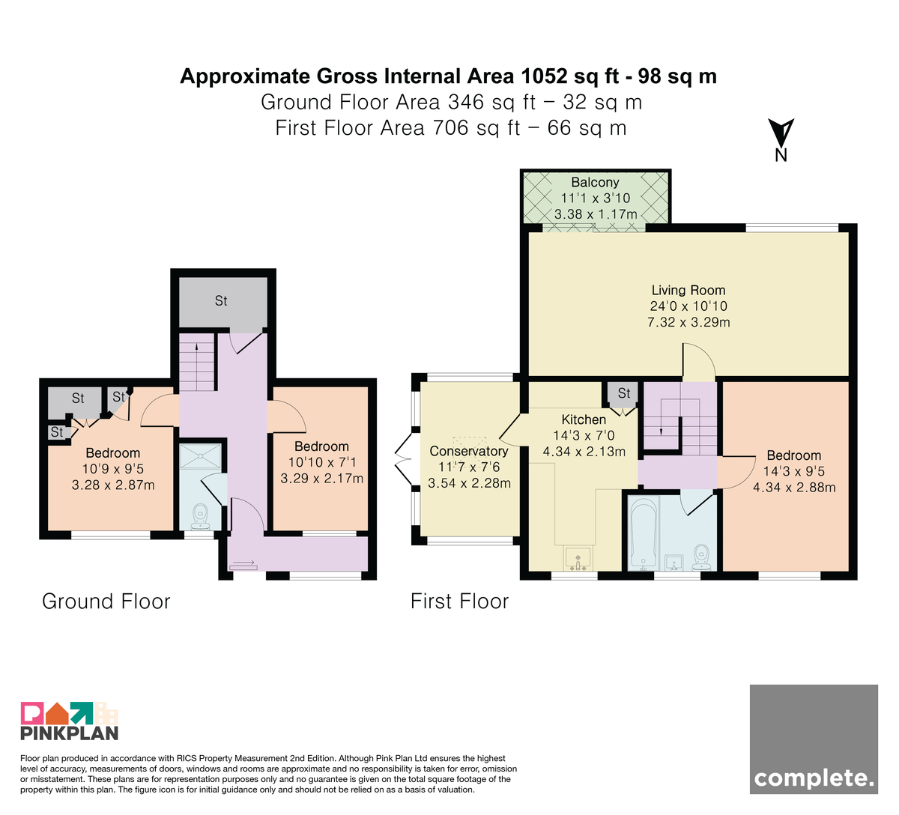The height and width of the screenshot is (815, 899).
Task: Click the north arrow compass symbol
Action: (781, 139)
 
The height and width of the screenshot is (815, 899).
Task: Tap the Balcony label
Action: (595, 182)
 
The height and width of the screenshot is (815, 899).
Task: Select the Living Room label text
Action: (688, 290)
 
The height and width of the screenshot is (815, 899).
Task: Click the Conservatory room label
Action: (469, 451)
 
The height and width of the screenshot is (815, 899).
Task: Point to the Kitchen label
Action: (584, 419)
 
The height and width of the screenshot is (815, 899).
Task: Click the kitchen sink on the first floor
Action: (578, 559)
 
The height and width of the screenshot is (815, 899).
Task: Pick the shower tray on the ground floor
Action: (200, 456)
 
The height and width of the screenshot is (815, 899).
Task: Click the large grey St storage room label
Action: (221, 301)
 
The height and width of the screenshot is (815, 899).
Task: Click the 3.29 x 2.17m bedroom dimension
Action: (322, 479)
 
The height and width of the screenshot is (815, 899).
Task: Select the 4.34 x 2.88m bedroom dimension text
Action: (794, 488)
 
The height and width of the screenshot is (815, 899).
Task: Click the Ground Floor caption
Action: (106, 602)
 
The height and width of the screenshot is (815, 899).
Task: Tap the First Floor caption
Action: (460, 602)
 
